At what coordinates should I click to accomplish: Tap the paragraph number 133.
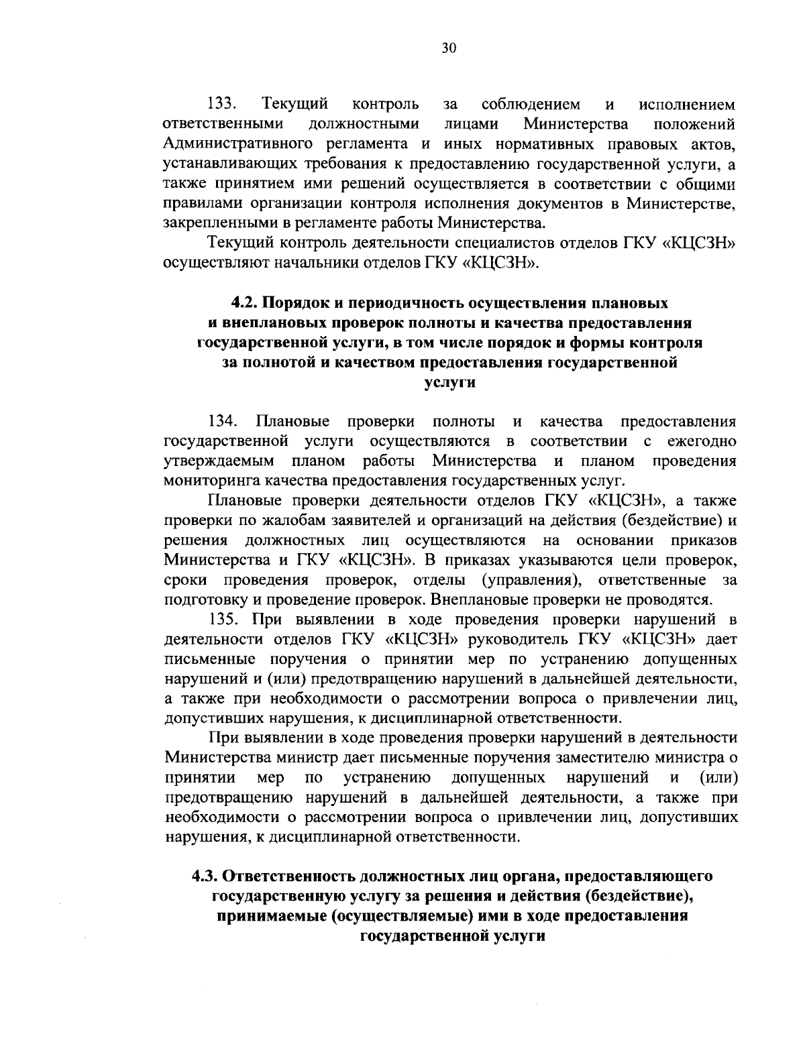pyautogui.click(x=222, y=105)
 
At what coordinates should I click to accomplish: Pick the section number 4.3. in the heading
pyautogui.click(x=206, y=876)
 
